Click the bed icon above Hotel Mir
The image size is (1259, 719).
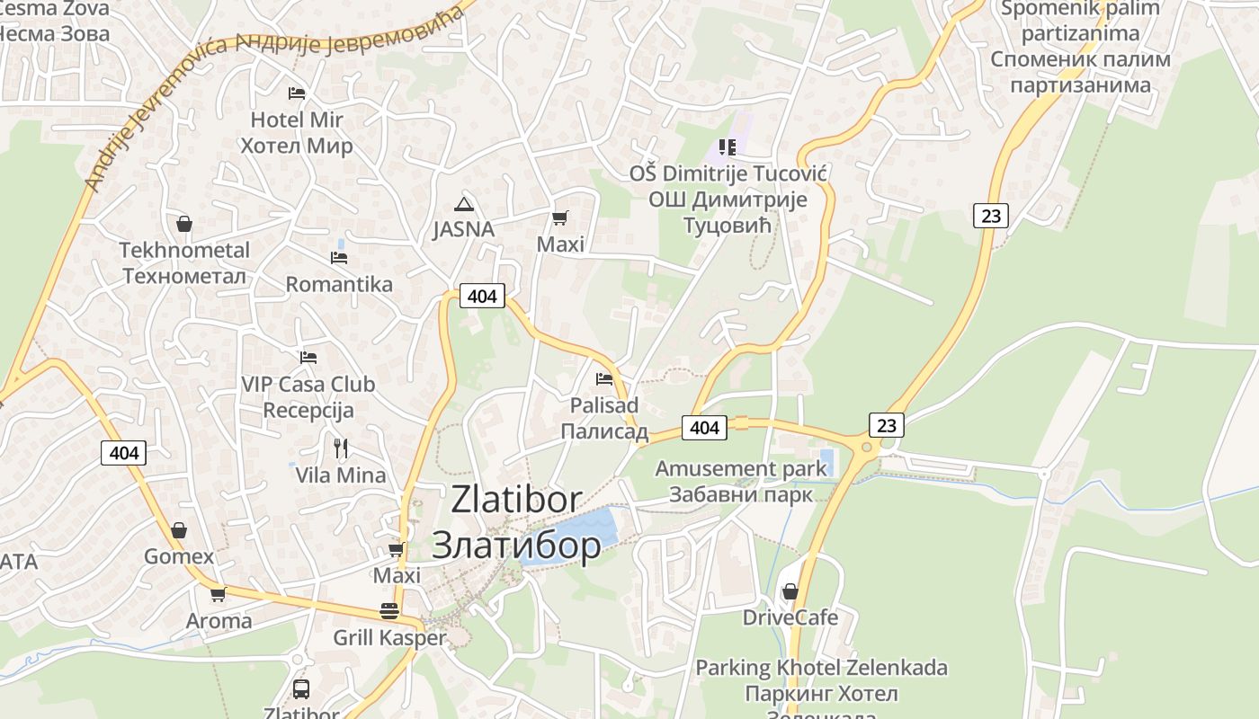pos(297,93)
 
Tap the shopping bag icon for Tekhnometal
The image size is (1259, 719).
pos(183,223)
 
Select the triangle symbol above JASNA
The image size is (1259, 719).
pos(463,204)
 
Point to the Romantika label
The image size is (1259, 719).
pos(339,284)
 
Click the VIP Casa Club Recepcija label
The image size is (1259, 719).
pos(308,397)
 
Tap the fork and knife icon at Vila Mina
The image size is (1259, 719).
pos(340,448)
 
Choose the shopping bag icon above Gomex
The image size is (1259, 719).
pos(179,530)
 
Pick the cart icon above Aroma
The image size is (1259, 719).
pos(218,594)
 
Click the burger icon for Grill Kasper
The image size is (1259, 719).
pos(389,611)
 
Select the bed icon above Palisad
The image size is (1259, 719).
pos(604,379)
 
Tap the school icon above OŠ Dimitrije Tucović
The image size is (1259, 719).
pos(727,146)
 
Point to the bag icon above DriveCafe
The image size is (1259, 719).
pos(790,591)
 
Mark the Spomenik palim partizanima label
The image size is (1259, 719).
pos(1081,47)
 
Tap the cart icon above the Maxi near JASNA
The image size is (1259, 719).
pos(559,217)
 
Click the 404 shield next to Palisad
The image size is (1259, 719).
pos(704,428)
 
